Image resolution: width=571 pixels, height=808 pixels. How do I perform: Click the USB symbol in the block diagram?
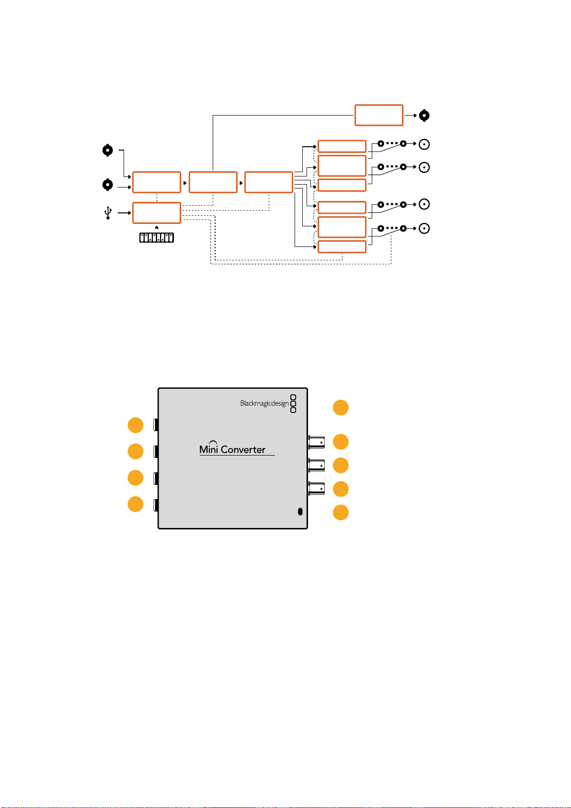click(108, 212)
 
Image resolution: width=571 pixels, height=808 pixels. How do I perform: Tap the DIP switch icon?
click(156, 237)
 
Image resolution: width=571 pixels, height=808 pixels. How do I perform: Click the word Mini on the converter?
click(208, 448)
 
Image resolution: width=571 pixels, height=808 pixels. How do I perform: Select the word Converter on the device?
click(243, 449)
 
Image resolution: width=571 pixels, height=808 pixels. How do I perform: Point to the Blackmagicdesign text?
click(264, 403)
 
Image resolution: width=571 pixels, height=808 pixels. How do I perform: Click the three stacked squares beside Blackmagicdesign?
click(293, 403)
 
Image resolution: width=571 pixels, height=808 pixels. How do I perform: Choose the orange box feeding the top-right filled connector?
click(378, 115)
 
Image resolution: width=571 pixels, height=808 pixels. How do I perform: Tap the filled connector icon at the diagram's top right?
click(424, 116)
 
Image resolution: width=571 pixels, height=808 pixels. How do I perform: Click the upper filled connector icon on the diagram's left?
click(107, 150)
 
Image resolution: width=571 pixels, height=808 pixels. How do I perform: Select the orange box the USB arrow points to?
click(157, 213)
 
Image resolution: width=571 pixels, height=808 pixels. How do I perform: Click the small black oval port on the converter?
click(300, 512)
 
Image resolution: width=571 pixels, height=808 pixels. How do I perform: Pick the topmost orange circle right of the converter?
click(341, 408)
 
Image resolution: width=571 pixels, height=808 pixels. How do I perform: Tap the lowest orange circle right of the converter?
click(341, 512)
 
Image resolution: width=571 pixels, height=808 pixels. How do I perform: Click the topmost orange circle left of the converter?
click(136, 425)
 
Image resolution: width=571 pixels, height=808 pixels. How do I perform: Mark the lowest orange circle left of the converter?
click(136, 504)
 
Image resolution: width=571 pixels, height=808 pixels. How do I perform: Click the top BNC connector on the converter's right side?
click(316, 442)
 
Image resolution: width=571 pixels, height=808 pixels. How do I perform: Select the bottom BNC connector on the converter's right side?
click(316, 489)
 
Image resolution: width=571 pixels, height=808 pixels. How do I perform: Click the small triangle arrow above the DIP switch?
click(156, 227)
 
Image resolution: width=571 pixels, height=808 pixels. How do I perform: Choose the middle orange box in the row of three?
click(213, 182)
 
